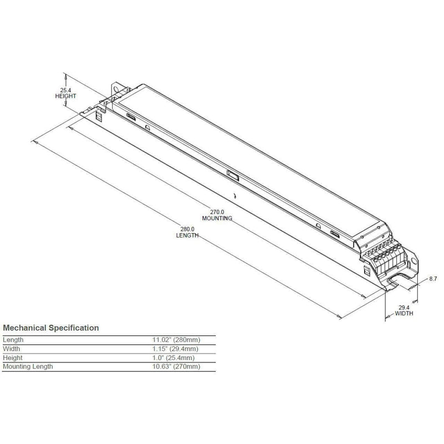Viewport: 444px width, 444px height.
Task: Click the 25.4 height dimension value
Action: coord(65,89)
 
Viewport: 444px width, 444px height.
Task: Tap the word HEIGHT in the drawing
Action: coord(65,96)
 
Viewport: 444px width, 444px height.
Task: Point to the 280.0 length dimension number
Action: coord(186,229)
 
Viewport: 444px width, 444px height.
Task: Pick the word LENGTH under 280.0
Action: coord(186,235)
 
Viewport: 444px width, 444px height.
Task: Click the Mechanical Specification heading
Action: coord(52,328)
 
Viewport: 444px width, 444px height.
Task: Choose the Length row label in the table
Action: coord(14,340)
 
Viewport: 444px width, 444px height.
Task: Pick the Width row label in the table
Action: coord(12,349)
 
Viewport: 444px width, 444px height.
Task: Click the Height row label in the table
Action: coord(13,358)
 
